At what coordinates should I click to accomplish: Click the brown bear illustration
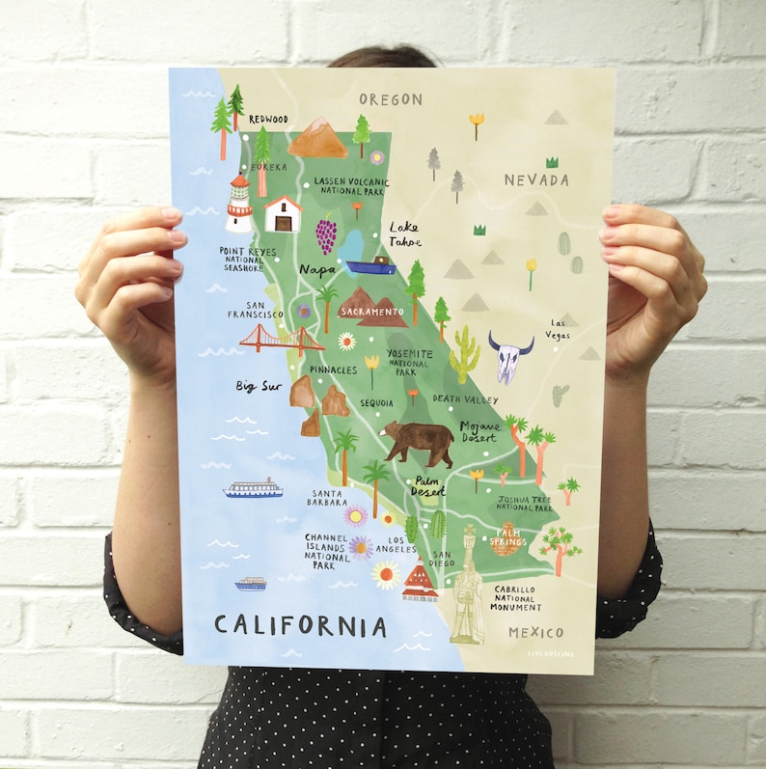pos(417,440)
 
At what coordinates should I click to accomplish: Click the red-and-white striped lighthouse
pos(238,203)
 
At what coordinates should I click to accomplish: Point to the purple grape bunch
pos(327,234)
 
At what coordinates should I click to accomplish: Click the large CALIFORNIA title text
pos(300,625)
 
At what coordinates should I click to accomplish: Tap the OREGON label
pos(391,99)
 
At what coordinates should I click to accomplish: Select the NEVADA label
pos(536,179)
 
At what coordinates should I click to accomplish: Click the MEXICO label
pos(535,632)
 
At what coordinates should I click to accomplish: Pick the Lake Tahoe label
pos(405,234)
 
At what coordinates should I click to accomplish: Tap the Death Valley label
pos(465,398)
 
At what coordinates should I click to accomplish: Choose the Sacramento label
pos(373,312)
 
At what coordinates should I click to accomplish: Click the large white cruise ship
pos(253,488)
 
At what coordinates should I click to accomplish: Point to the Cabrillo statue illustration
pos(467,589)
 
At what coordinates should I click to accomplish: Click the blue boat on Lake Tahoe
pos(370,266)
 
